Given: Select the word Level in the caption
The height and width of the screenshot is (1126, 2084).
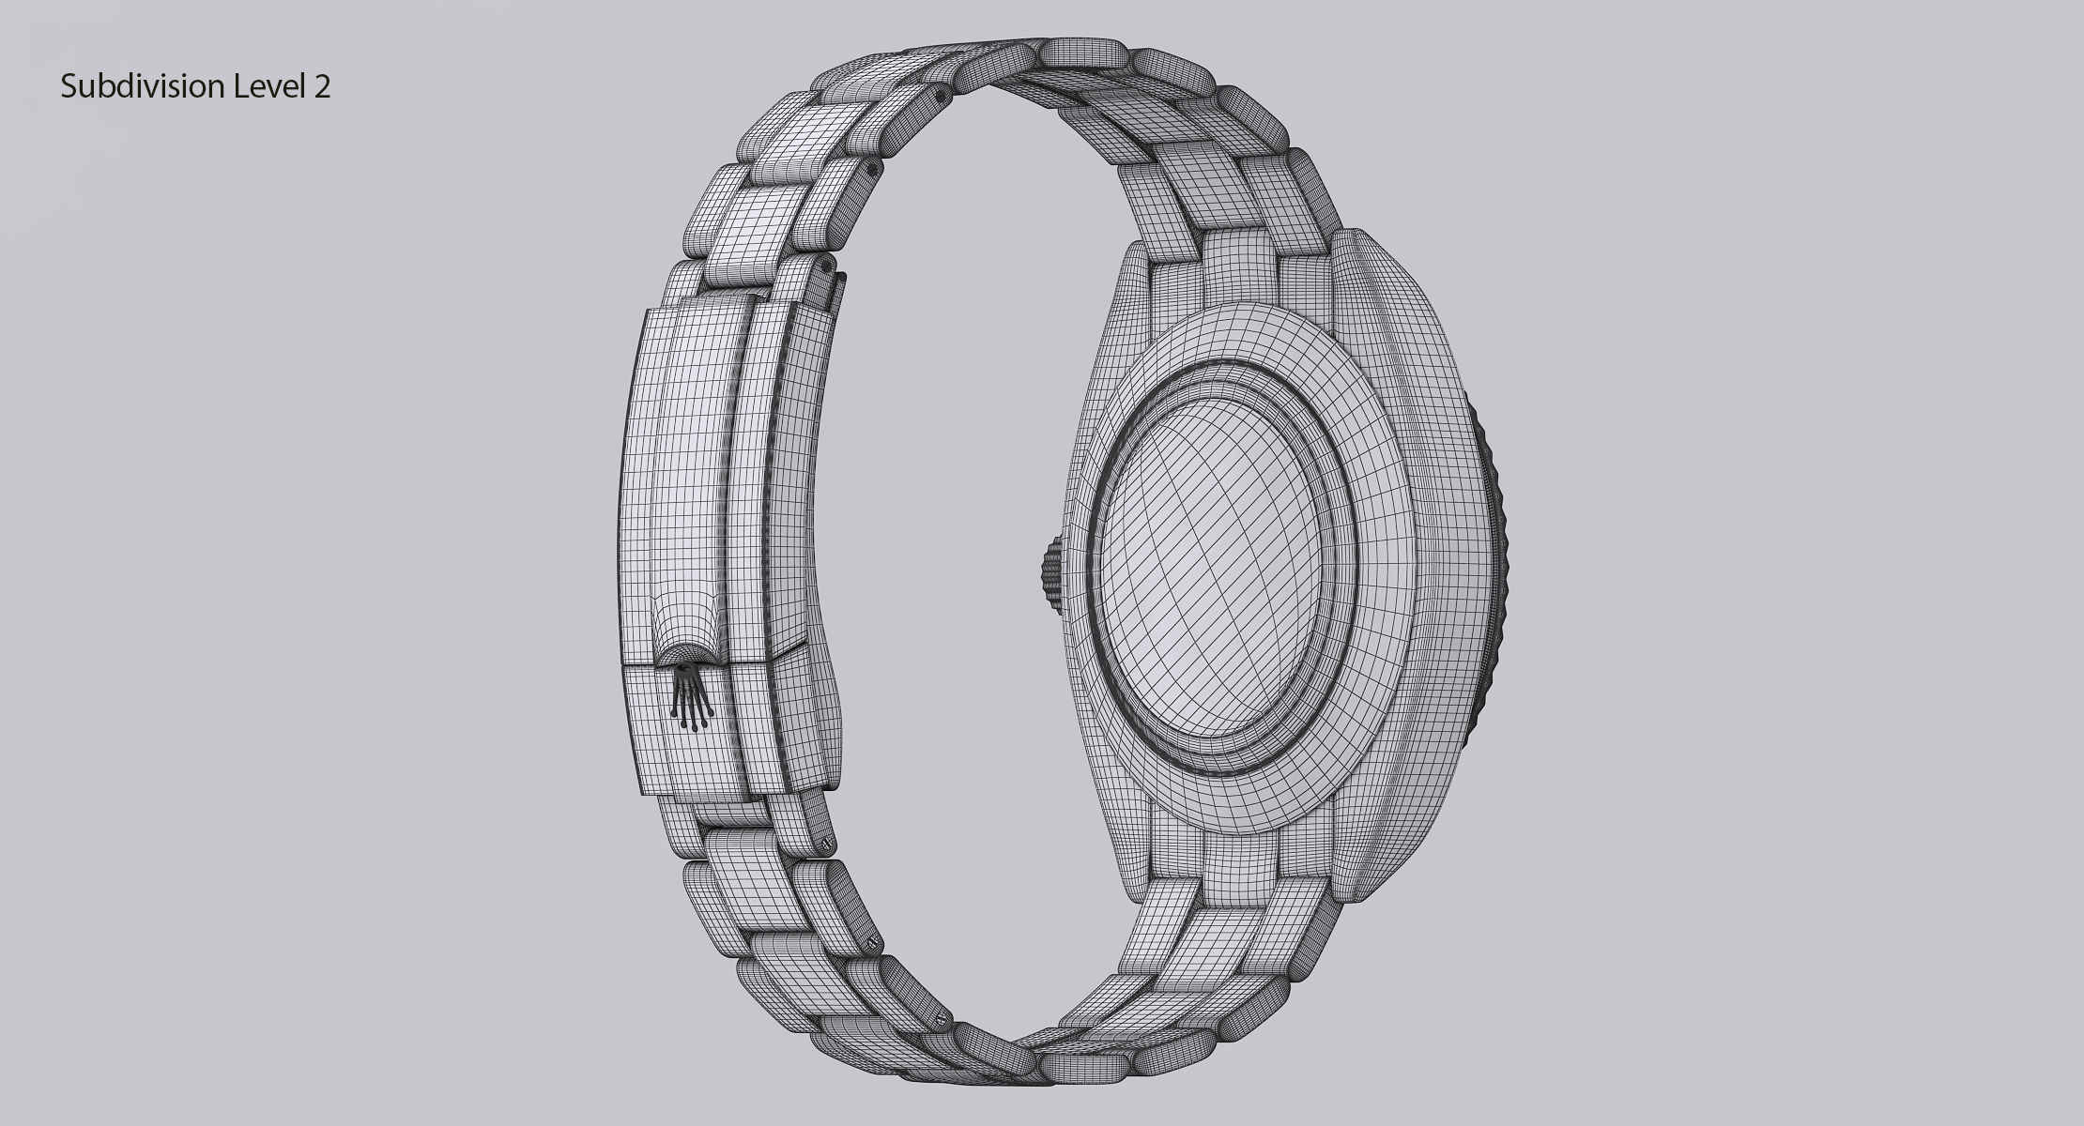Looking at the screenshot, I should pyautogui.click(x=268, y=87).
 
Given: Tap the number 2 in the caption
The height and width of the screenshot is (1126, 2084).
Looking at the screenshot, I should pyautogui.click(x=322, y=87).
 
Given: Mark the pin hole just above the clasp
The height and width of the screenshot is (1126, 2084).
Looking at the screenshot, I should pyautogui.click(x=827, y=266).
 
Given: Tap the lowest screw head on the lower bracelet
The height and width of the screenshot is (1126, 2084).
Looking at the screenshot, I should pyautogui.click(x=940, y=1019).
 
